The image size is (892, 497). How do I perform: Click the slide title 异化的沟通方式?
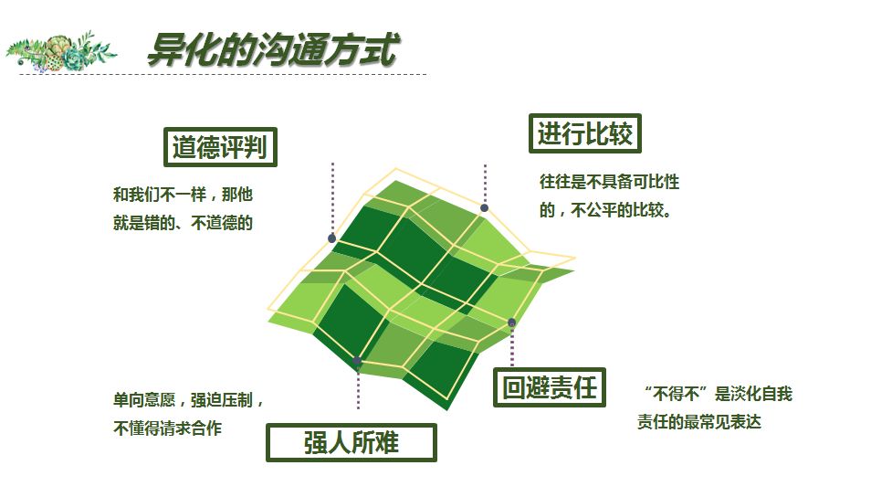(x=273, y=49)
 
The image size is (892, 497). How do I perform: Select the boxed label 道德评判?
(x=220, y=147)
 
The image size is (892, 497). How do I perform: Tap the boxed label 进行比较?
(x=585, y=133)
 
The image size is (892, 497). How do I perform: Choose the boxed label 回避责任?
(x=549, y=387)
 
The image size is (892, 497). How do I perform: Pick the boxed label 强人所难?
(x=351, y=442)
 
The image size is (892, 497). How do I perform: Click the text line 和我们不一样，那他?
(x=183, y=195)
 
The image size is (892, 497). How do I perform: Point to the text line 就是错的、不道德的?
(x=183, y=223)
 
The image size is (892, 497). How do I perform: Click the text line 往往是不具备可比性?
(x=609, y=182)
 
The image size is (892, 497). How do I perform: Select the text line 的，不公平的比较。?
(x=606, y=210)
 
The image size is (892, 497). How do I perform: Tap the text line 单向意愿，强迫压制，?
(x=188, y=399)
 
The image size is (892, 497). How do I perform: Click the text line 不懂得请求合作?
(x=167, y=428)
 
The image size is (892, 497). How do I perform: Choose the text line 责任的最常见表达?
(x=699, y=422)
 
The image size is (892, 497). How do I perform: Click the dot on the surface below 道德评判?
(x=332, y=238)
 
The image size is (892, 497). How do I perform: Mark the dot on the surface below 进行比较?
(x=484, y=207)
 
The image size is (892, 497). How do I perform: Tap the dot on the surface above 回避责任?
(x=512, y=323)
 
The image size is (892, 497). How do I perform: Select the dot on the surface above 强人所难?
(x=357, y=360)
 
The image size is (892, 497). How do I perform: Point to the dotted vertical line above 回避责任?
(x=512, y=346)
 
